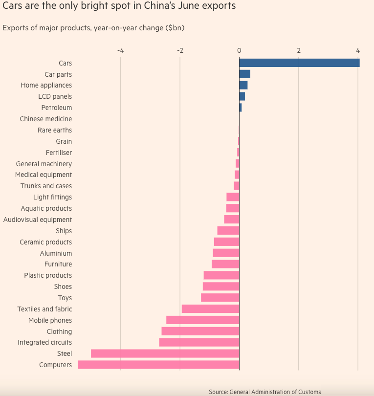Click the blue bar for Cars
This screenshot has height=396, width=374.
point(299,63)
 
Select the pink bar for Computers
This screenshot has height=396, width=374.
point(158,365)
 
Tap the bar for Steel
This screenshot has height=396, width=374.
point(165,353)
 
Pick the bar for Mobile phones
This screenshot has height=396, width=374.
point(202,320)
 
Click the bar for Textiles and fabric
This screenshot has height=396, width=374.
point(210,309)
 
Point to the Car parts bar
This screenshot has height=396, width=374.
point(244,74)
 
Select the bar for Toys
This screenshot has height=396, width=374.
point(220,298)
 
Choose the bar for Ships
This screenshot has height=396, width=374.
point(228,231)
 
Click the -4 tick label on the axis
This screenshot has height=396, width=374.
point(120,50)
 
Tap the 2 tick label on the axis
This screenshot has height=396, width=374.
point(299,50)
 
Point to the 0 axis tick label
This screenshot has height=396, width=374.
point(239,50)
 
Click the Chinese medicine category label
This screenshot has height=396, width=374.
point(45,119)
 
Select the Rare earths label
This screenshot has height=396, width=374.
point(54,130)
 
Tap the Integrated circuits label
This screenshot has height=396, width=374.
point(44,343)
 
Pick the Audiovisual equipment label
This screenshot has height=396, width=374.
point(38,220)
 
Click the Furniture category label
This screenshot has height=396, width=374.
point(58,264)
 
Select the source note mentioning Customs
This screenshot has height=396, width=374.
point(264,392)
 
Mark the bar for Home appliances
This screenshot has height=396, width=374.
point(243,86)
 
